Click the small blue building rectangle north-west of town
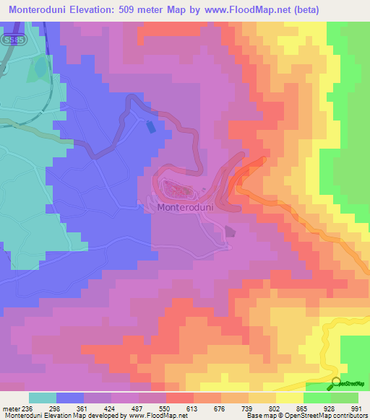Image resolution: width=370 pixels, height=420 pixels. pos(150,126)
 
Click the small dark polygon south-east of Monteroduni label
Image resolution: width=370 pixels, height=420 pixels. pos(230,232)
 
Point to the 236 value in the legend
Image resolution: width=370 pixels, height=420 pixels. pos(22,408)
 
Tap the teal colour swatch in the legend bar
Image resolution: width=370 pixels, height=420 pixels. pos(42,398)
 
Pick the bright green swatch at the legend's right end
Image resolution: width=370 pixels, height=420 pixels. pos(344,398)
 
